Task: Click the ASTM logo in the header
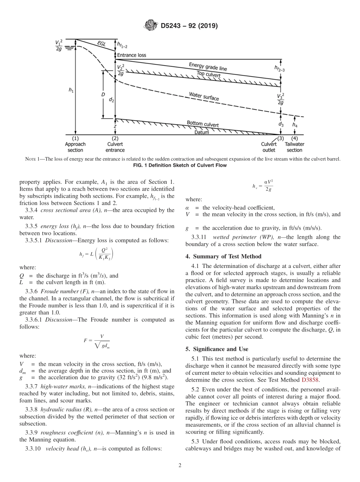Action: click(151, 26)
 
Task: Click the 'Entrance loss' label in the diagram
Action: click(131, 55)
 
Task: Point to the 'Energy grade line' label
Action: click(208, 67)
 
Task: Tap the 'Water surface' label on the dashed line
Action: click(204, 96)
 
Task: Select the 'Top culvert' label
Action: click(208, 74)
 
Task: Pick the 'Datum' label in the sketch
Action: click(202, 132)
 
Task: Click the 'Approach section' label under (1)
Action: click(75, 147)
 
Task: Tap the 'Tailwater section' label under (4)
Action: click(294, 147)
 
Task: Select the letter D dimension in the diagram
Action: click(103, 94)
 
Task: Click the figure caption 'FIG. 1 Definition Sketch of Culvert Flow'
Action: click(180, 166)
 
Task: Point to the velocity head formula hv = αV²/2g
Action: click(263, 186)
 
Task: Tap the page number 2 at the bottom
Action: click(180, 466)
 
